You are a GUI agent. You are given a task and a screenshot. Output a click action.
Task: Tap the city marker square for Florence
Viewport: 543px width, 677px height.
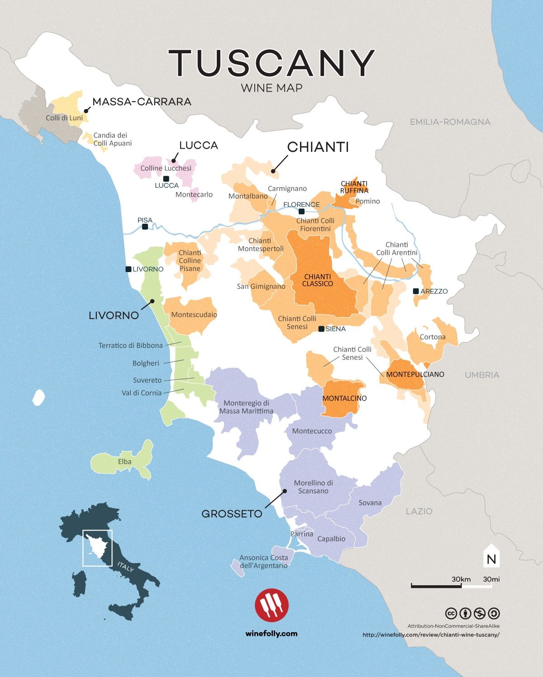pos(301,211)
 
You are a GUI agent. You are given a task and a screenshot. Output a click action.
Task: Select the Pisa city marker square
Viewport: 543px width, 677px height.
pos(145,227)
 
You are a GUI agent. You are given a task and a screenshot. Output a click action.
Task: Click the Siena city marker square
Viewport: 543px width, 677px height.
pos(321,329)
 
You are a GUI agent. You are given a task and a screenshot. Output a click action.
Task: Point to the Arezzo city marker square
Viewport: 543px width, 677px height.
pos(416,291)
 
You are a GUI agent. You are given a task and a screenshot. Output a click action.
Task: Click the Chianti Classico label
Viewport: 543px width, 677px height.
pos(318,280)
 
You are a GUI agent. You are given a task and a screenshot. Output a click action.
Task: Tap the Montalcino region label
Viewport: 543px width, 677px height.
pos(344,399)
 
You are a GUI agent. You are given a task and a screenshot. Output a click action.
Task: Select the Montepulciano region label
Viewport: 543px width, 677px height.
pos(415,374)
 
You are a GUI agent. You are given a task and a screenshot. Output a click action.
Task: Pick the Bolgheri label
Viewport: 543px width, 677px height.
pos(146,363)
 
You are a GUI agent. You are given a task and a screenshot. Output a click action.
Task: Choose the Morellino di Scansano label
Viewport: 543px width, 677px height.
pos(314,487)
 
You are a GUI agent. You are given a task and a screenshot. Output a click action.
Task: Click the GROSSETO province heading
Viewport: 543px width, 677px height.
pos(232,513)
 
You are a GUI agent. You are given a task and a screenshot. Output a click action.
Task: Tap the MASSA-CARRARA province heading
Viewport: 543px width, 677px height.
pos(142,102)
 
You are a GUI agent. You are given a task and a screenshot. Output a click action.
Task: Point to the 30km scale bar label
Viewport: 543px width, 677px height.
pos(461,579)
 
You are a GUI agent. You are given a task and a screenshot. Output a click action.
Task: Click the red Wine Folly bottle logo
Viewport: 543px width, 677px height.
pos(271,604)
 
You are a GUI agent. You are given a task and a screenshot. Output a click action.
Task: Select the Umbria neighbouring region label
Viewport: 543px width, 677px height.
pos(482,375)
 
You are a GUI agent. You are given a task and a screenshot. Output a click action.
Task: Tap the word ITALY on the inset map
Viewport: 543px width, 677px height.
pos(125,567)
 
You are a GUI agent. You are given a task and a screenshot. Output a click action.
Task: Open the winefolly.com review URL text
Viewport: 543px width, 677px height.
pos(431,634)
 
